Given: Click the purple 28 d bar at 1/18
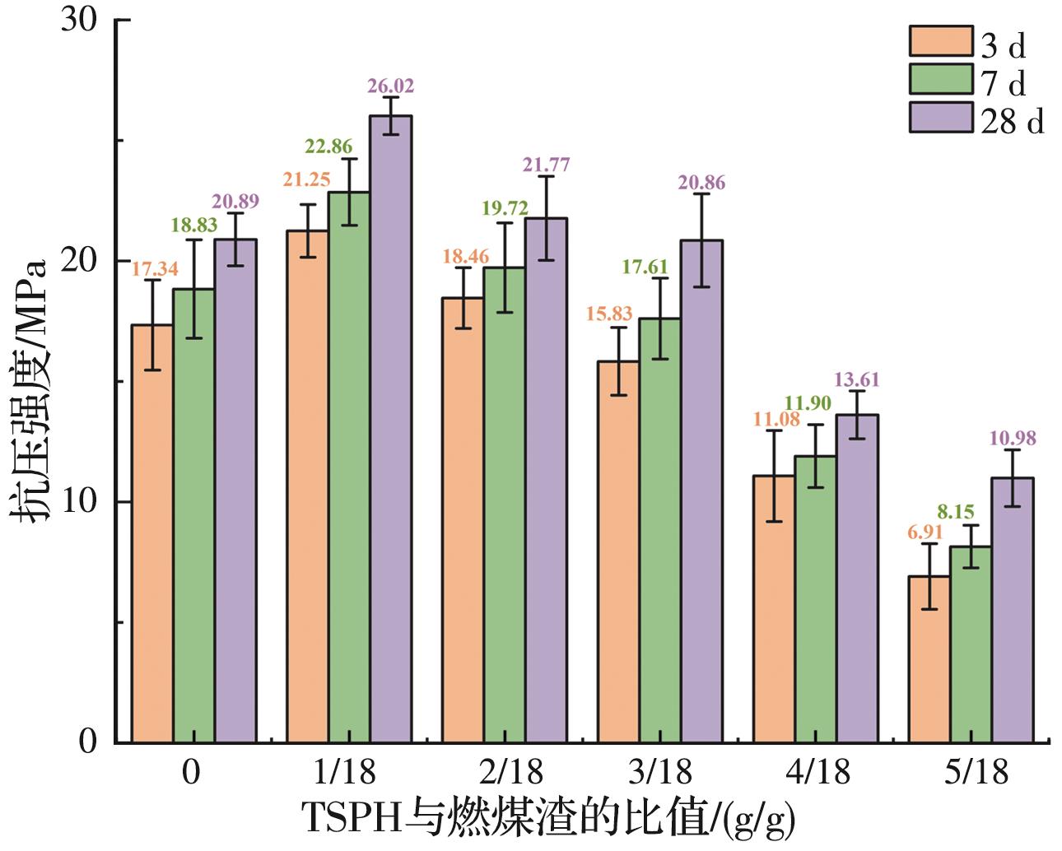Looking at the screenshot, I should point(390,428).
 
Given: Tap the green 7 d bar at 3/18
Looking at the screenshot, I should point(659,530).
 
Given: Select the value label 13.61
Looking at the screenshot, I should point(857,379).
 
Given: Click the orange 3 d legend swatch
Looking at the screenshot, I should point(940,40).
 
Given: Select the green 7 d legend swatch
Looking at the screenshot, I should point(940,79).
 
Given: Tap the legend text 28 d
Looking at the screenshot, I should point(1013,121).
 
